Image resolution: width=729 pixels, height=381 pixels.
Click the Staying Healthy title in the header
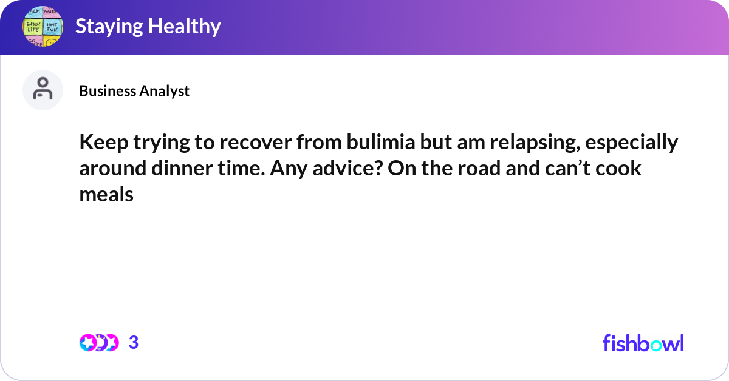[148, 27]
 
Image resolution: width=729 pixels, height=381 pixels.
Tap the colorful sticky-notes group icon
[43, 27]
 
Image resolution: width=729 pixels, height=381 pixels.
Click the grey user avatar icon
[43, 90]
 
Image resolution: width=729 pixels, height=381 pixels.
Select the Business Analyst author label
[134, 91]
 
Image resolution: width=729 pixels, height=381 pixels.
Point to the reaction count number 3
[134, 343]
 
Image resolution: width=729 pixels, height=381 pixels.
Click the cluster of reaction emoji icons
[98, 343]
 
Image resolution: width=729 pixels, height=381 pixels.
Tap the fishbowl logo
[643, 343]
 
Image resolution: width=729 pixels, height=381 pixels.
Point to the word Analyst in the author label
[165, 91]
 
